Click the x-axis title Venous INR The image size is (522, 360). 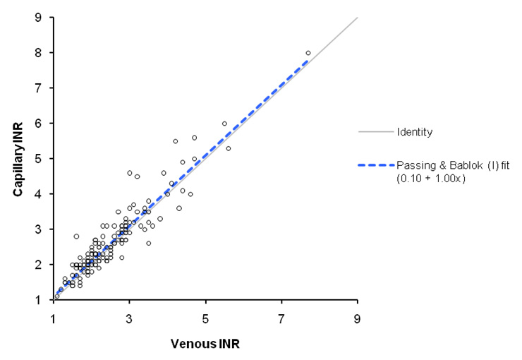[x=206, y=344]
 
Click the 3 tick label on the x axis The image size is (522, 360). [x=130, y=317]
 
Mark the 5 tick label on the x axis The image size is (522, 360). [x=206, y=317]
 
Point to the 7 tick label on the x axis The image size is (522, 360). [x=281, y=317]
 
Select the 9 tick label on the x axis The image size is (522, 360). [x=358, y=317]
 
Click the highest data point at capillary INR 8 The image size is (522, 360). [x=308, y=53]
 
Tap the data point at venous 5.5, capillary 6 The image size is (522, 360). [x=225, y=124]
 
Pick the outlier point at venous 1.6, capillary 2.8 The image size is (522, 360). [x=76, y=236]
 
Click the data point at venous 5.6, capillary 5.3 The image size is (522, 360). [x=229, y=148]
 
